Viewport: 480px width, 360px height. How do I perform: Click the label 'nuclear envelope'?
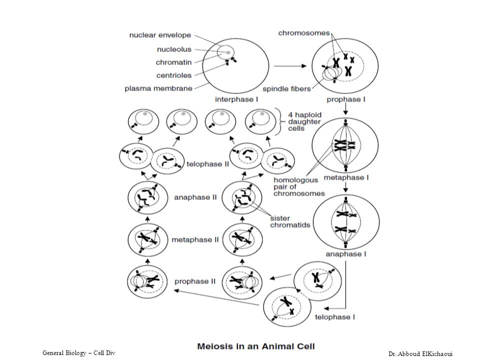tap(160, 35)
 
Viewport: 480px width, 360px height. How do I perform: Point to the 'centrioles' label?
tap(173, 75)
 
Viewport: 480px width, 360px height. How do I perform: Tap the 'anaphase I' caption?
tap(346, 254)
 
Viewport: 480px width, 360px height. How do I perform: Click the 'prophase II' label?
tap(195, 281)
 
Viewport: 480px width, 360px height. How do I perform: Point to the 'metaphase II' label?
tap(195, 239)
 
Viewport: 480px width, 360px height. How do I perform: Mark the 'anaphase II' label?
tap(195, 197)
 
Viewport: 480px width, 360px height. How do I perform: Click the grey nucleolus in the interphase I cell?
tap(228, 52)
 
